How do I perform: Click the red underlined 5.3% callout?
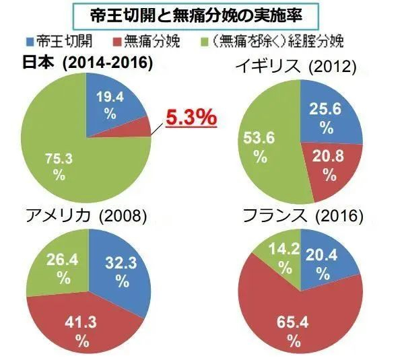click(191, 118)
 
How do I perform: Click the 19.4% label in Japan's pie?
click(110, 104)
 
